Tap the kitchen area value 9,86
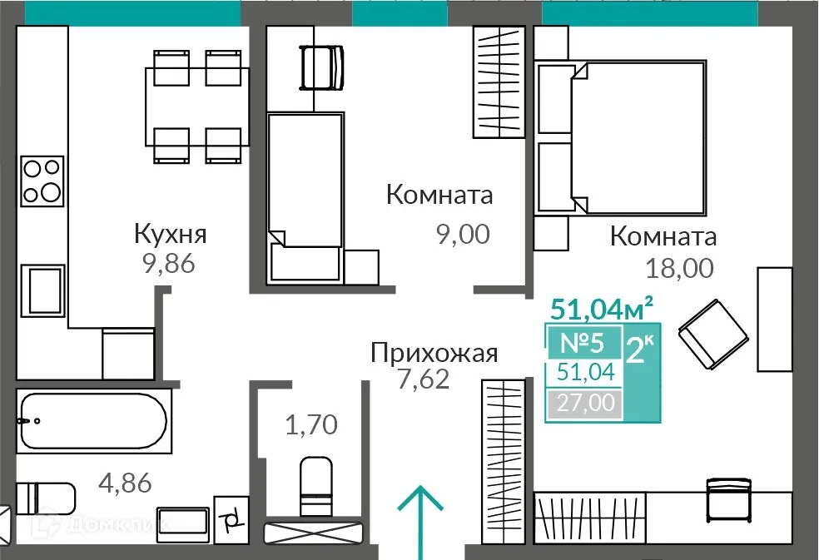tap(168, 265)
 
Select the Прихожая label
tap(434, 354)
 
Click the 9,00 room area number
tap(463, 235)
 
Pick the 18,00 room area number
tap(678, 268)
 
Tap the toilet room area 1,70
tap(311, 426)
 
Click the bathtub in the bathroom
tap(93, 420)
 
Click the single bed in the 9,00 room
tap(305, 196)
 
